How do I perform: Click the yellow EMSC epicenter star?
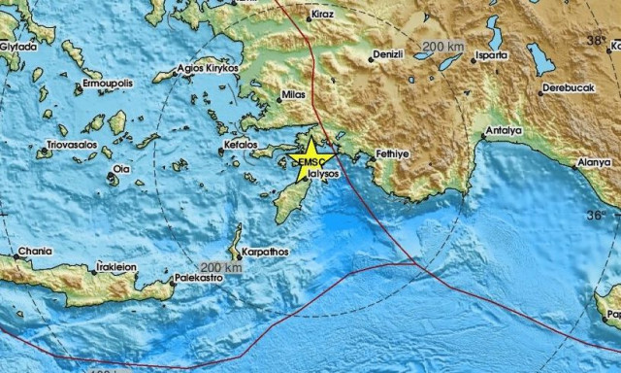coord(311,159)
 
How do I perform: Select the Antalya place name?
coord(504,130)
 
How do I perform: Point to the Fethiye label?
coord(396,153)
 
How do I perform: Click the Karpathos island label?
coord(267,250)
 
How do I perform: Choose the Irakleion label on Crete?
coord(115,266)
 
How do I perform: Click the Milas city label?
coord(292,95)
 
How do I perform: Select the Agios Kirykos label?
coord(208,69)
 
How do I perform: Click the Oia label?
coord(122,169)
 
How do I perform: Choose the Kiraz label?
coord(323,17)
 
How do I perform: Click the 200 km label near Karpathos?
coord(220,267)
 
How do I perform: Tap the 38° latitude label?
coord(596,41)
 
